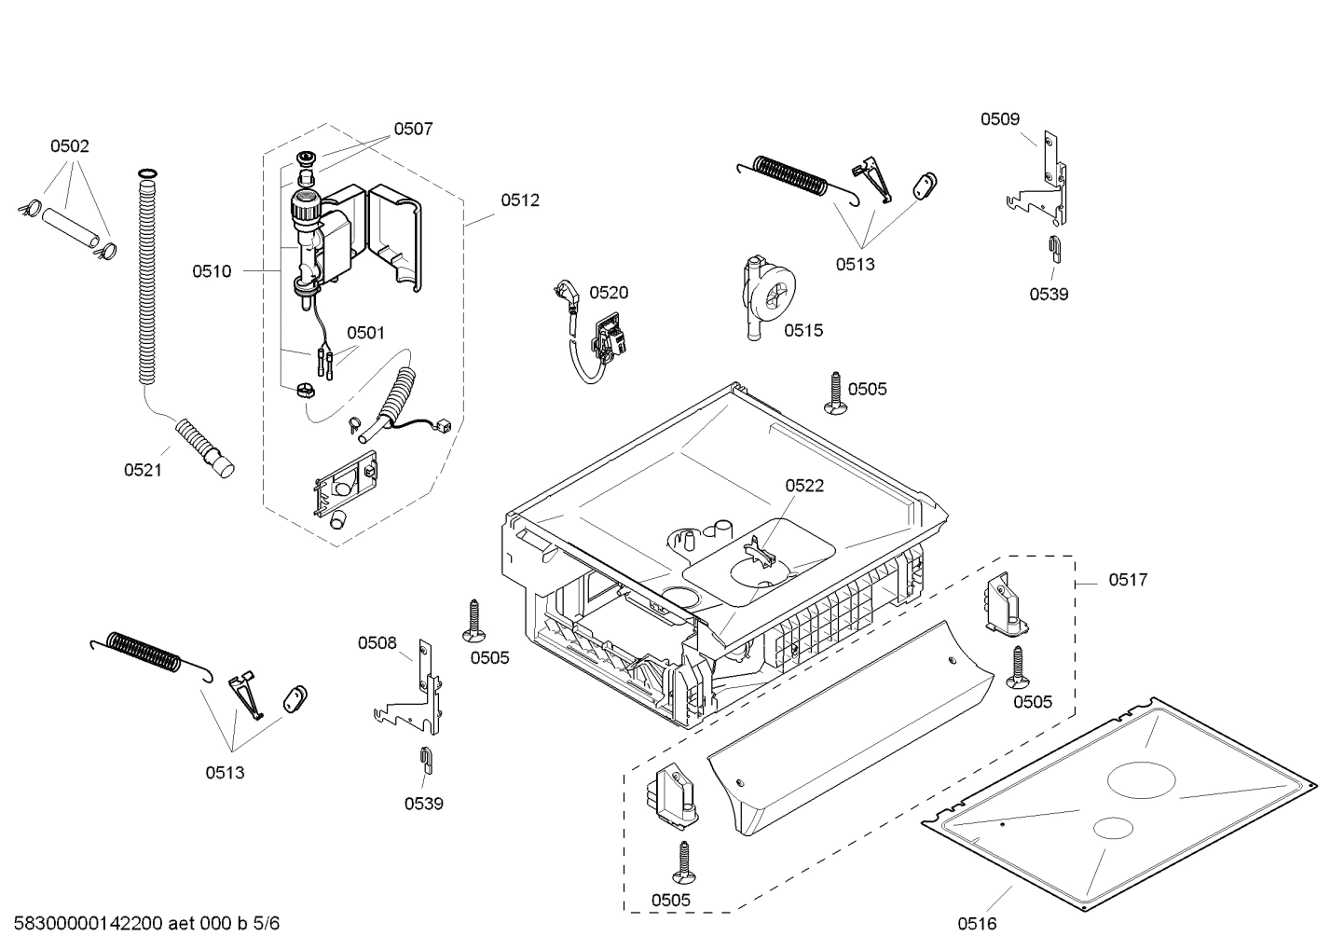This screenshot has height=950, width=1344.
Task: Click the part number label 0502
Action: point(70,146)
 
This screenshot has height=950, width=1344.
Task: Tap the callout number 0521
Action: point(143,470)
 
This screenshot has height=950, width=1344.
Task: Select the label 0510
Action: point(212,271)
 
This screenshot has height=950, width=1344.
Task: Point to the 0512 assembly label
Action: point(519,200)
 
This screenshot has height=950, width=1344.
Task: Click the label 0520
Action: point(609,293)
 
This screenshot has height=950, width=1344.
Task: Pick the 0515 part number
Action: point(803,330)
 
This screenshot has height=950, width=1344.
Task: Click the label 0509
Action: point(999,119)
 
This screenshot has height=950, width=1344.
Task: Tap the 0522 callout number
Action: point(804,486)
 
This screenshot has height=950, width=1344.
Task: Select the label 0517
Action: point(1128,580)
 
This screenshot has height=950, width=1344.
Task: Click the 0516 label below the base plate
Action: point(977,923)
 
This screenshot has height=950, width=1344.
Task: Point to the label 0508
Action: point(377,642)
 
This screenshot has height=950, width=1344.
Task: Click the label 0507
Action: point(413,130)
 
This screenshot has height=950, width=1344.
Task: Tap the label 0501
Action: point(365,333)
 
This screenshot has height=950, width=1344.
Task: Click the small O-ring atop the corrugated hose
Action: point(146,173)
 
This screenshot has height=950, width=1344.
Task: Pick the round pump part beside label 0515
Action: point(771,296)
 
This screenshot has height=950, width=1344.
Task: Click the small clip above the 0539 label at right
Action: point(1053,247)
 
